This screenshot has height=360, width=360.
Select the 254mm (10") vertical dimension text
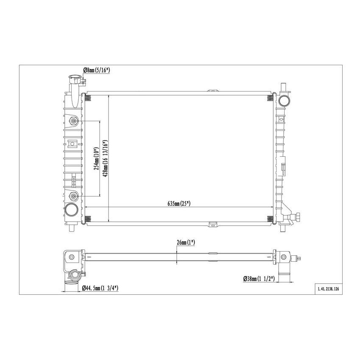[96, 159]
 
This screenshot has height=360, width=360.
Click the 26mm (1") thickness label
[186, 243]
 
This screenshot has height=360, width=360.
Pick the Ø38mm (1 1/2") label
[259, 278]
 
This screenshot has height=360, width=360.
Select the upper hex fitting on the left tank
[74, 122]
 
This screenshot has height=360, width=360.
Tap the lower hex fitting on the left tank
[74, 196]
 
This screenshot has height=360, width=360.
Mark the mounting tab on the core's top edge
[213, 91]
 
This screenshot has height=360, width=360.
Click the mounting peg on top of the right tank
[283, 87]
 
